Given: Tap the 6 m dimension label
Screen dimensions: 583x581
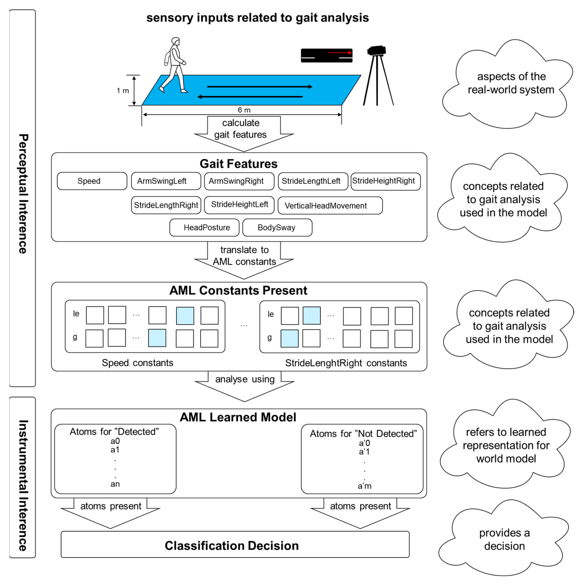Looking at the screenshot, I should pyautogui.click(x=244, y=110).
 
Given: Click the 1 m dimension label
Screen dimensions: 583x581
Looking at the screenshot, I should pyautogui.click(x=123, y=91).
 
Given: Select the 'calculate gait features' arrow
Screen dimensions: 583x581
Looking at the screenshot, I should pyautogui.click(x=244, y=133).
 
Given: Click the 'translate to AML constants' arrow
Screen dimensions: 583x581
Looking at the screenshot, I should pyautogui.click(x=244, y=260).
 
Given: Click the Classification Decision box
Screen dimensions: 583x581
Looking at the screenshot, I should pyautogui.click(x=235, y=546).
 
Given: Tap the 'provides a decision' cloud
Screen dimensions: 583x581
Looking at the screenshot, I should pyautogui.click(x=504, y=539).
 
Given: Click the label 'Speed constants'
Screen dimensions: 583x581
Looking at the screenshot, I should pyautogui.click(x=137, y=363).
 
